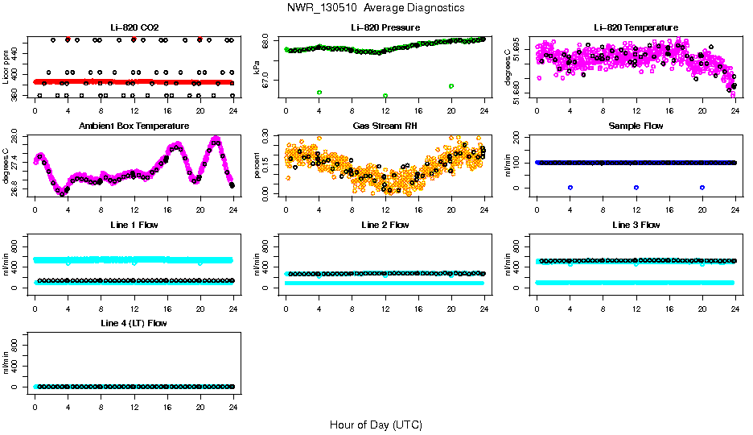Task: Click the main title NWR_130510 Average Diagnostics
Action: click(375, 8)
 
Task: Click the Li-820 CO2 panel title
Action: click(134, 27)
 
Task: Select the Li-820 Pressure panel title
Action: click(385, 27)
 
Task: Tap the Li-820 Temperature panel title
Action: click(636, 27)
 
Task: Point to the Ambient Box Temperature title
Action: click(134, 126)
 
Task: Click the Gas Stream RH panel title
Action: click(385, 126)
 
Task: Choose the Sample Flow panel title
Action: click(636, 126)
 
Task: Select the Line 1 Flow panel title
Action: click(134, 225)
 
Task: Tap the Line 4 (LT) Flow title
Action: click(134, 323)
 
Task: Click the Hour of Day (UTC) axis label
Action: click(376, 425)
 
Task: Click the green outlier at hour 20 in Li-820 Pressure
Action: click(451, 85)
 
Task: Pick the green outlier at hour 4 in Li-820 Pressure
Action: click(319, 93)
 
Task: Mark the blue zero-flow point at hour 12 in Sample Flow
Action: click(636, 187)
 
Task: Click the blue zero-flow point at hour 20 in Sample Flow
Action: click(702, 187)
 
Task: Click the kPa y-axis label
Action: click(257, 68)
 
